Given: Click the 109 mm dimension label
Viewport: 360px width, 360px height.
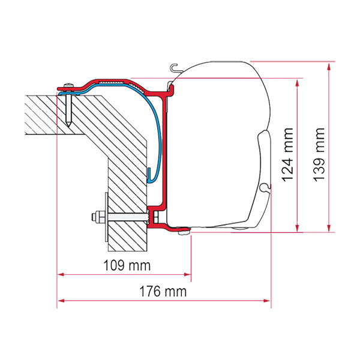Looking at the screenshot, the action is coord(127,265).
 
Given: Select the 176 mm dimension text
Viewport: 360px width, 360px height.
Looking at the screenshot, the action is coord(163,292).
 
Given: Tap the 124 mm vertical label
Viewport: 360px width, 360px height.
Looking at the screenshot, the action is coord(288,155).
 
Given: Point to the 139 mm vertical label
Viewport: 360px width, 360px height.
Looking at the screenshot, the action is coord(319,155).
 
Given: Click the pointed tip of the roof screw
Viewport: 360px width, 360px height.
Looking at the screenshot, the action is coord(69,125).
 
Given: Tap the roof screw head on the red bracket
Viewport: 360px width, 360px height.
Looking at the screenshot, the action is coord(69,85).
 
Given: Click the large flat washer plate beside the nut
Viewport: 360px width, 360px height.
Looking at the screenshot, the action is coord(107,217).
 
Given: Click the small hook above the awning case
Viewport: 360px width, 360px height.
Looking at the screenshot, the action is coord(175,68).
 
